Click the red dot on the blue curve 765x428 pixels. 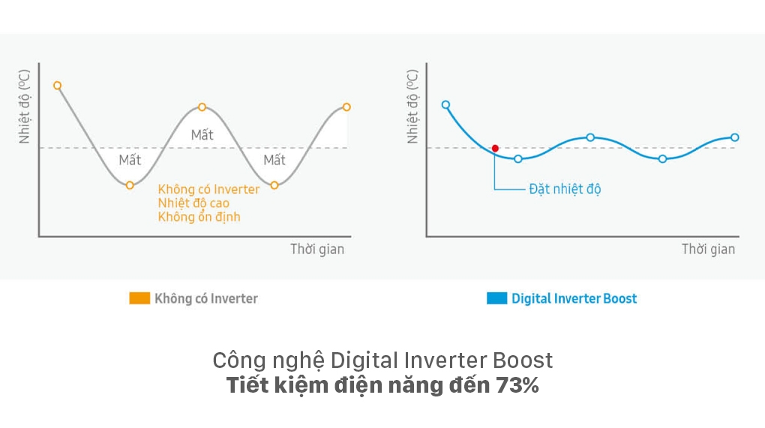[495, 148]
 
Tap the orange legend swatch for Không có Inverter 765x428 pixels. [139, 298]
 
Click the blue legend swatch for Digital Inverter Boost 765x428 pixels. [496, 298]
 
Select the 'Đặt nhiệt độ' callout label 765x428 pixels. [564, 189]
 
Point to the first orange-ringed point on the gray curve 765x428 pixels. [57, 86]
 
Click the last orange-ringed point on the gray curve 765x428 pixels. [346, 107]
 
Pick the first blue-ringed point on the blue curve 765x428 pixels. [445, 105]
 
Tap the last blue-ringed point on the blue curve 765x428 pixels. [734, 137]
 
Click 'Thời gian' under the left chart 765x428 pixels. [317, 249]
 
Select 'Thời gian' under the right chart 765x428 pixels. [708, 249]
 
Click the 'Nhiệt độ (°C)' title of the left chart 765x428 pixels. [25, 107]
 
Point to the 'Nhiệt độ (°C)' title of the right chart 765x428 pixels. [412, 107]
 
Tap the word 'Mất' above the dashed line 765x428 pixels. [202, 135]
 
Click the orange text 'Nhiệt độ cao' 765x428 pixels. [193, 203]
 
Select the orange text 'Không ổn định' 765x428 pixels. [199, 217]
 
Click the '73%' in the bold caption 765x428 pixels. [517, 387]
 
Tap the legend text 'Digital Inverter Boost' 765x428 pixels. [574, 298]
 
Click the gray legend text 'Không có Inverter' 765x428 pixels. [205, 298]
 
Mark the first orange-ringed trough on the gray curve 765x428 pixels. [130, 185]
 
